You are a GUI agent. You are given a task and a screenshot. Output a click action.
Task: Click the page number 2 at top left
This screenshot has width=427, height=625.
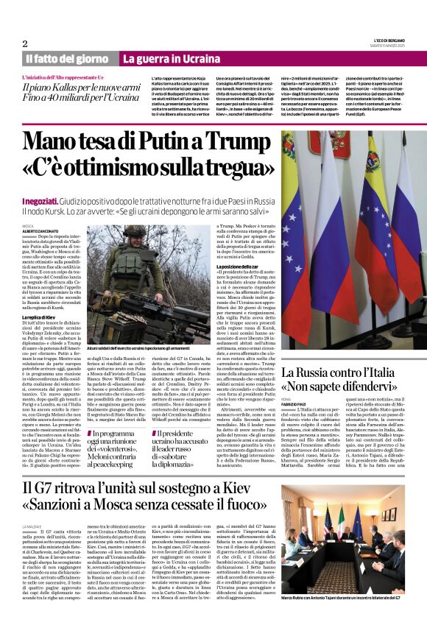(x=24, y=43)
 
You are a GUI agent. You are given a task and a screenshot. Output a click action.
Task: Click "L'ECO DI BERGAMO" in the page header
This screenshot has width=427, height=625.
(x=384, y=41)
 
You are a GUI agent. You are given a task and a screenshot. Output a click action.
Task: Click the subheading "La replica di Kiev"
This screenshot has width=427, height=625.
(x=40, y=296)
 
